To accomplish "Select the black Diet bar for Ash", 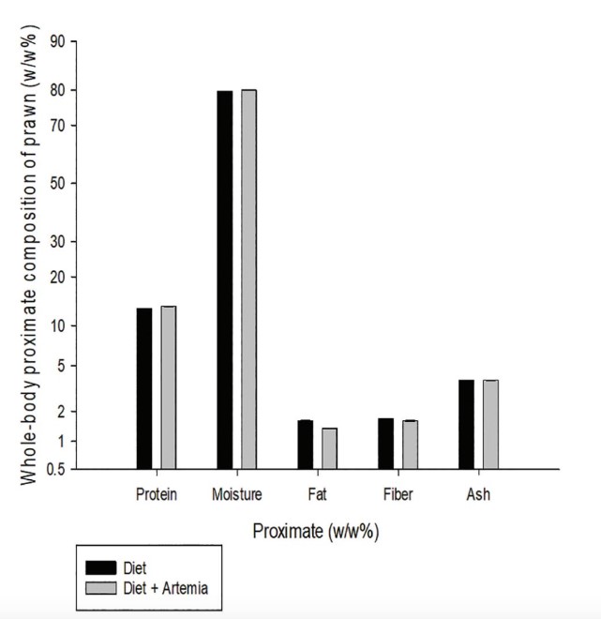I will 466,423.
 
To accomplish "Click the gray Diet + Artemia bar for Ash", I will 490,423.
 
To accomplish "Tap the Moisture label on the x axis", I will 236,494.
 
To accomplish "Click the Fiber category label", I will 398,494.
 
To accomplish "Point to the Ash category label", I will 478,494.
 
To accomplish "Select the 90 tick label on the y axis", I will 56,42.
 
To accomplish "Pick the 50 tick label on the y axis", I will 56,183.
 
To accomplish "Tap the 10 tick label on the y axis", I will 56,326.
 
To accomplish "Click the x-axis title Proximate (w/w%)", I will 315,531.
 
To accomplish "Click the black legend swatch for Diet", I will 100,567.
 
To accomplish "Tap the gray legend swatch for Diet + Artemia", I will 100,587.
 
